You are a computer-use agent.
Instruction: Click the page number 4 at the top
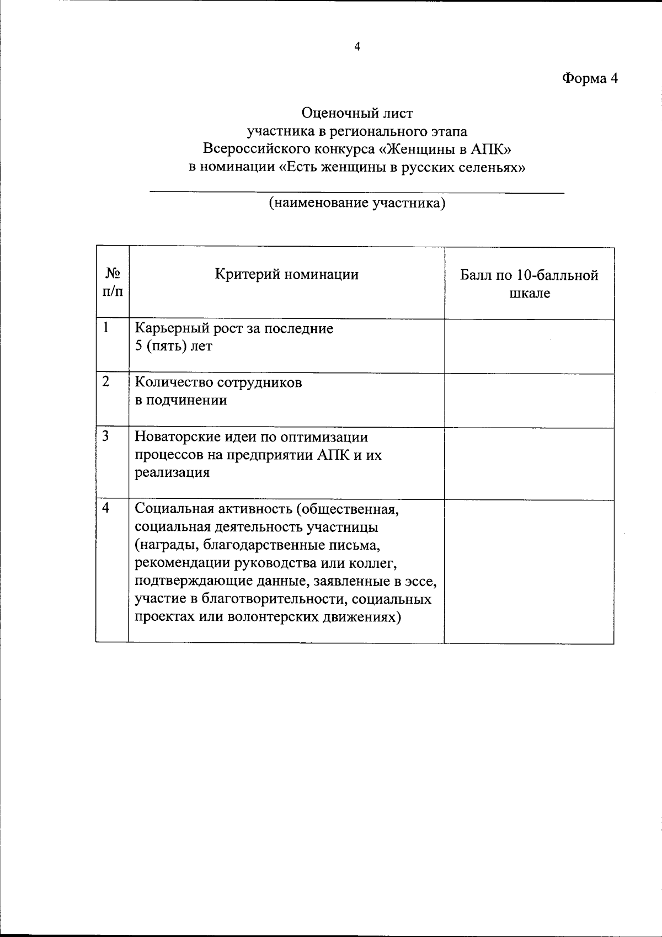(x=357, y=47)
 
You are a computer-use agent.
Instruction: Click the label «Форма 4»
(x=589, y=78)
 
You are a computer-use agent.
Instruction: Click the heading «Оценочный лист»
(x=357, y=113)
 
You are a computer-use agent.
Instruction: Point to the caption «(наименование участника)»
(x=357, y=203)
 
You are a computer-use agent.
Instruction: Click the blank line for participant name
(x=357, y=191)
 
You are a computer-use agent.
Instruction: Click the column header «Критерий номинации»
(x=286, y=274)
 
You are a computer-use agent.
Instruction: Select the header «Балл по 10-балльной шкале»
(x=529, y=284)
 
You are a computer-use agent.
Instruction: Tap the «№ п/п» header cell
(x=113, y=282)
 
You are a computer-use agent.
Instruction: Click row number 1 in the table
(x=105, y=327)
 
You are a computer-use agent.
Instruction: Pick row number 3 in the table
(x=105, y=436)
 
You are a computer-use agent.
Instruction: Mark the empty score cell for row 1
(x=529, y=346)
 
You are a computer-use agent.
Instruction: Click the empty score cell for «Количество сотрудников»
(x=529, y=400)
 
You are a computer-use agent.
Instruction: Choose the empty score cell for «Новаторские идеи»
(x=529, y=463)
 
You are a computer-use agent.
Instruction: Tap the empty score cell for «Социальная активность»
(x=529, y=571)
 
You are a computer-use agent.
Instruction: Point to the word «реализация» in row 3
(x=172, y=472)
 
